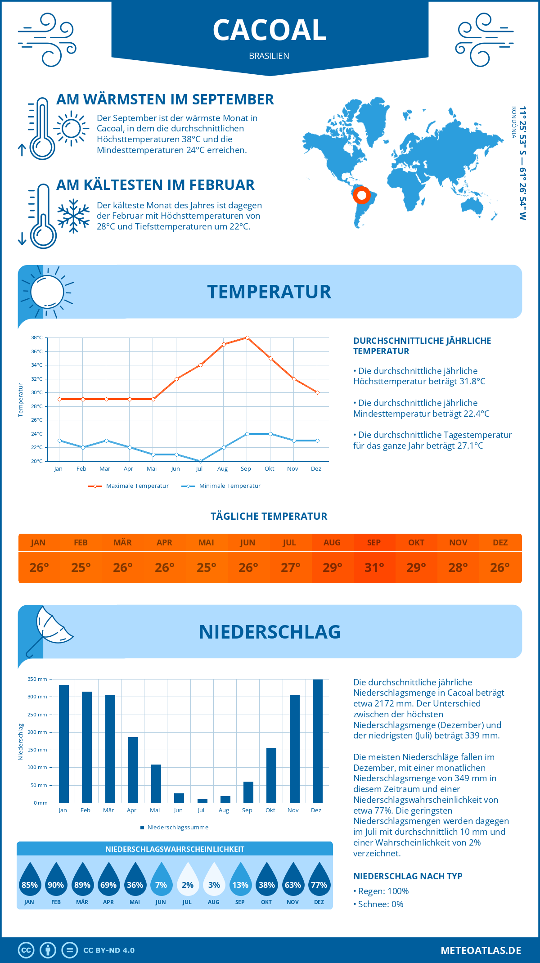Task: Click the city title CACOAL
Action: (270, 30)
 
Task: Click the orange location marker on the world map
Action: (361, 195)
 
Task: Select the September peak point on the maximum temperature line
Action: (247, 337)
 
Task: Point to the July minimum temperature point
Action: (200, 461)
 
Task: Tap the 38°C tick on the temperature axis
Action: (37, 337)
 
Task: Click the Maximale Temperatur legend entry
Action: (129, 486)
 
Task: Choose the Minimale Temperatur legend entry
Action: (221, 486)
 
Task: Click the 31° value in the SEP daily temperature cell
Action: (374, 567)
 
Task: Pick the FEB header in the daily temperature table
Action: (81, 543)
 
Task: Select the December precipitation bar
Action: (318, 741)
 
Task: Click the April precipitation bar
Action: (133, 770)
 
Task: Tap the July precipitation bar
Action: (202, 801)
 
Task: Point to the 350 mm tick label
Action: (37, 679)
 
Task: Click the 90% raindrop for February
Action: (56, 879)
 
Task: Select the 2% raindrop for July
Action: (187, 879)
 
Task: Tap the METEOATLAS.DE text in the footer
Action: (481, 950)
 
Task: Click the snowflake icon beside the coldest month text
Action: (73, 216)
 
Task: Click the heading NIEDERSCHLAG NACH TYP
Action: (408, 876)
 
